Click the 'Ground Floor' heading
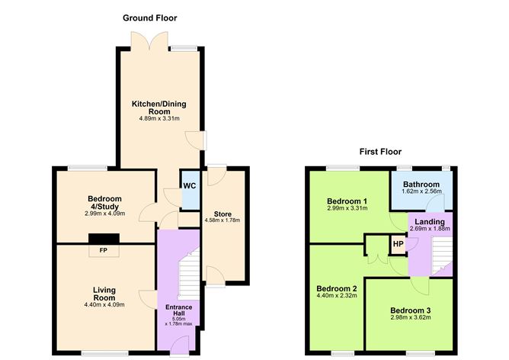coord(151,18)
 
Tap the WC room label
coord(189,186)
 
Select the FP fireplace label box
coord(101,250)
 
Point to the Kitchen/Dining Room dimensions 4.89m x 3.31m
coord(158,118)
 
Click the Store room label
coord(222,213)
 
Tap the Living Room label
coord(104,294)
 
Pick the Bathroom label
coord(421,185)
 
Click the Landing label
coord(430,221)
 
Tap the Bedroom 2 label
coord(336,288)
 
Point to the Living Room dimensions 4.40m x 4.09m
coord(104,304)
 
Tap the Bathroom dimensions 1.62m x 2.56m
coord(421,193)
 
